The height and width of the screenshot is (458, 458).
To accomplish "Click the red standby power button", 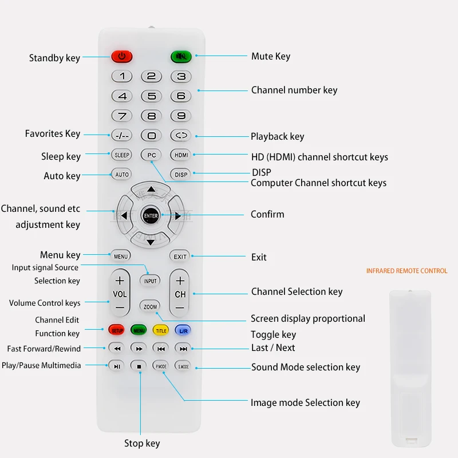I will tap(121, 56).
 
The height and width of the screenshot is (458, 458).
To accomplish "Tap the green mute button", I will tap(181, 56).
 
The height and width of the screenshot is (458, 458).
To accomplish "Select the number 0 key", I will tap(151, 136).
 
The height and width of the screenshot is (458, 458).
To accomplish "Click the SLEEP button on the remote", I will tap(121, 155).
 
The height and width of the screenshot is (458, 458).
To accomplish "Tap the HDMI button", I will tap(181, 155).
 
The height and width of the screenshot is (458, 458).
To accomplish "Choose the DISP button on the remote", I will tap(181, 175).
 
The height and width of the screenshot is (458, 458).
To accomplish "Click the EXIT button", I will tap(180, 256).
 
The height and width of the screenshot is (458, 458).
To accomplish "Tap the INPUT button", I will tap(150, 281).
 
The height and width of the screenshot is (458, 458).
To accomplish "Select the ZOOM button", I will tap(150, 307).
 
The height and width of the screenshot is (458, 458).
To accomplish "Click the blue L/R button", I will tap(183, 330).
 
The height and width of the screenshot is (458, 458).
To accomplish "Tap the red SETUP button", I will tap(117, 330).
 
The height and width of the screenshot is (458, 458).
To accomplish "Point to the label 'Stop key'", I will tap(142, 443).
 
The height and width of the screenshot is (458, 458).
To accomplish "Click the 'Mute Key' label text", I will tap(270, 56).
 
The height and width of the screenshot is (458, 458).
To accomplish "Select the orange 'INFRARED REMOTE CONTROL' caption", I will tap(406, 271).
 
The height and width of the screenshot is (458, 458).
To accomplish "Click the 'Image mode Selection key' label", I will tap(305, 402).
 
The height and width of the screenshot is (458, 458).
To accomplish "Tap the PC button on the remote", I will tap(151, 155).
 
